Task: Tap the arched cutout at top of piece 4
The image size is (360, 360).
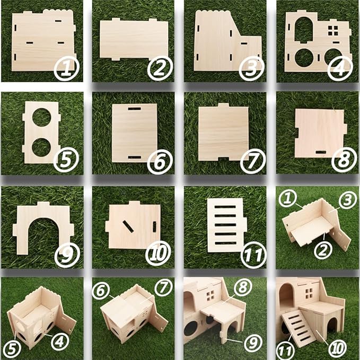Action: point(304,29)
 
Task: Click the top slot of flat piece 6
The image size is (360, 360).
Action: point(134,109)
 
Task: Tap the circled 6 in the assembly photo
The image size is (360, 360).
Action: point(101,290)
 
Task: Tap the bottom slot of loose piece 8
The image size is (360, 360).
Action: point(321,152)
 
